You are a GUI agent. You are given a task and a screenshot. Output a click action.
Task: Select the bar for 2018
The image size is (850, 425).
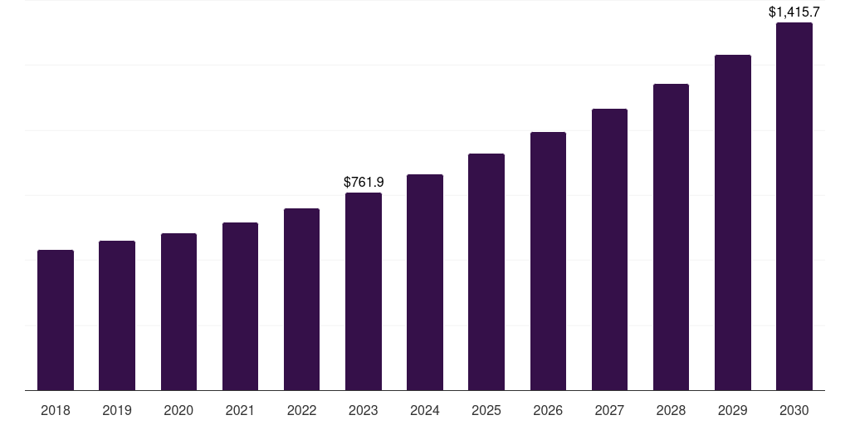56,320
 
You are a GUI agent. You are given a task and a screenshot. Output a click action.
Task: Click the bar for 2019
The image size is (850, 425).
117,315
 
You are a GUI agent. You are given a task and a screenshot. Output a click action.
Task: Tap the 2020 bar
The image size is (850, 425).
178,311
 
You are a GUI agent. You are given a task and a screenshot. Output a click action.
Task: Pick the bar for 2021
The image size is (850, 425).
240,306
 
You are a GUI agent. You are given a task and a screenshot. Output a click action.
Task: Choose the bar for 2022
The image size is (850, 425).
301,299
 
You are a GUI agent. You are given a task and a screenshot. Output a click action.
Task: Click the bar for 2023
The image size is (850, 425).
364,291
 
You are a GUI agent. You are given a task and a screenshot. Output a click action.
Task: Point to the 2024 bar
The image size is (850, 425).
425,282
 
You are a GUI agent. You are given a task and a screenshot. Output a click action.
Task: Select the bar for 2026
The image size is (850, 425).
548,261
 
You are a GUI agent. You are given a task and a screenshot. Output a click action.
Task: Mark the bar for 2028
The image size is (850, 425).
671,237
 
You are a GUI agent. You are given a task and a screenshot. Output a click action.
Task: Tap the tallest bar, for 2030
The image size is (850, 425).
794,206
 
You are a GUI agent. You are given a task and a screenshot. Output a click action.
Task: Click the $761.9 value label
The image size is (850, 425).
364,182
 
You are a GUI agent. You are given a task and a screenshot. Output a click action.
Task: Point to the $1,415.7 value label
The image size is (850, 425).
794,12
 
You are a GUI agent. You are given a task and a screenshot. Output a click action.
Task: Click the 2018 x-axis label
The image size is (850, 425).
56,410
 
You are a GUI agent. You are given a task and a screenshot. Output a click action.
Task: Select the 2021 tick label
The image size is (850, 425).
240,410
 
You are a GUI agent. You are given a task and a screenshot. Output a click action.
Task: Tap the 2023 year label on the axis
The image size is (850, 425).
364,410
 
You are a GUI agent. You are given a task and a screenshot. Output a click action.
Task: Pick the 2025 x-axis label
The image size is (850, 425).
486,410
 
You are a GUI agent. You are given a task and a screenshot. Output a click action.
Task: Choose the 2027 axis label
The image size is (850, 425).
609,410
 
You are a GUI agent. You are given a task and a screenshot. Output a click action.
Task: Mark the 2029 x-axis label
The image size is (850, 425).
732,410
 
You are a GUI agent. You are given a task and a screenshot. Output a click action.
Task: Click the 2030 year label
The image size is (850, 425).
794,410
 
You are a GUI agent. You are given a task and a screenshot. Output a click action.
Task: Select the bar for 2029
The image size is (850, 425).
732,222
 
